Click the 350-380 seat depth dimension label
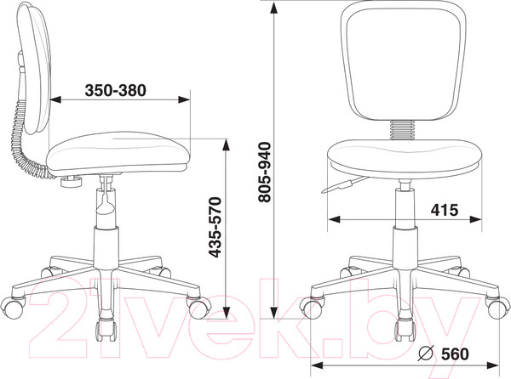(x=115, y=90)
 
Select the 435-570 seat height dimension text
(x=215, y=227)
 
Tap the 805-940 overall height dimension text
(x=264, y=173)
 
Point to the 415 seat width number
(x=445, y=210)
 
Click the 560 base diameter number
(x=455, y=354)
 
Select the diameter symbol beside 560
(x=426, y=354)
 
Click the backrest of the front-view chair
(x=404, y=60)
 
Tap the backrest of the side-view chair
(x=35, y=68)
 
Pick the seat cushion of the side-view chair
(x=118, y=153)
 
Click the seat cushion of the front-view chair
(x=404, y=159)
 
